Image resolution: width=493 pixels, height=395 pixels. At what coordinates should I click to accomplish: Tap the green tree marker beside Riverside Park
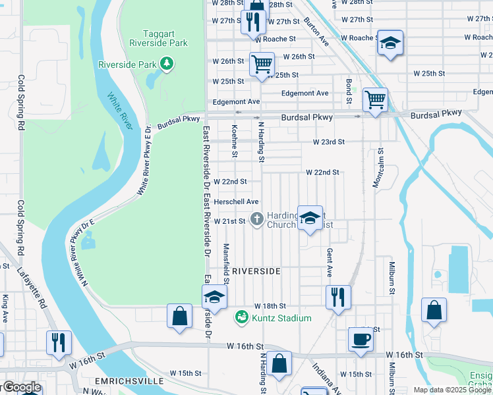pyautogui.click(x=168, y=64)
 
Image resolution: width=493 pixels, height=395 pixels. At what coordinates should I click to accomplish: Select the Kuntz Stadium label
pyautogui.click(x=273, y=319)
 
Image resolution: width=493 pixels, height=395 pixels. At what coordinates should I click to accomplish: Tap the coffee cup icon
pyautogui.click(x=361, y=339)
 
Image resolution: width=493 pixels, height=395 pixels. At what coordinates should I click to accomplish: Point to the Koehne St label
pyautogui.click(x=235, y=142)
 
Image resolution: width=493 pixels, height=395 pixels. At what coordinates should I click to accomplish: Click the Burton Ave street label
pyautogui.click(x=316, y=32)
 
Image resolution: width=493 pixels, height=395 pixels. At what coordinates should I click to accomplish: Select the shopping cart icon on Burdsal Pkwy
pyautogui.click(x=375, y=101)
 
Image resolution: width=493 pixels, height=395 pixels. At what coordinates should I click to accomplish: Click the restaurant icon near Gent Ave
pyautogui.click(x=338, y=296)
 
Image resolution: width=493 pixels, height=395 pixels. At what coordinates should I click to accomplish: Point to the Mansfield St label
pyautogui.click(x=226, y=259)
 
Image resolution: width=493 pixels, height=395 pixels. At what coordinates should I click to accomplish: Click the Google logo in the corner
pyautogui.click(x=21, y=387)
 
